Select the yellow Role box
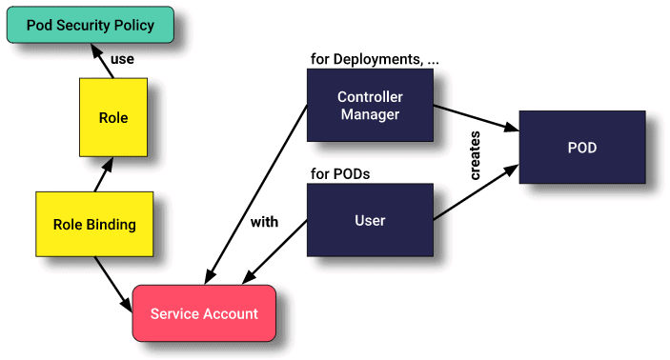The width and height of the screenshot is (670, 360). pos(113,119)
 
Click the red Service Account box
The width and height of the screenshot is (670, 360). pos(203,313)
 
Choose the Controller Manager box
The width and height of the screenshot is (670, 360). pos(369,106)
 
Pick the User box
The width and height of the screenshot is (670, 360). pos(369,220)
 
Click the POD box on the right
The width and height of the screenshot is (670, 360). pos(581,149)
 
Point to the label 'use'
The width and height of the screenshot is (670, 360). pos(122,59)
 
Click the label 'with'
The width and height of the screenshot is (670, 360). pos(264,223)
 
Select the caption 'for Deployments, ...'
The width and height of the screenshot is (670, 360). pos(375,59)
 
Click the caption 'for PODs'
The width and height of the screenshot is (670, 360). pos(339,174)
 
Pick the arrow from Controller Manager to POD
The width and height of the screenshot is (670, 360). pos(476,119)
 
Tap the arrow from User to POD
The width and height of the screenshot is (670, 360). pos(476,194)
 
